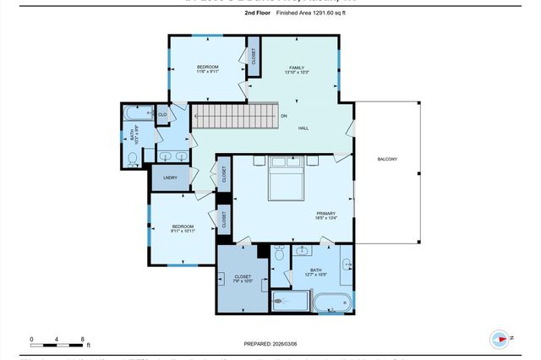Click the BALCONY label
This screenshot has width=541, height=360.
click(386, 160)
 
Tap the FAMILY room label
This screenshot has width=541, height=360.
click(296, 68)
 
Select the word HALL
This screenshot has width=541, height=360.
click(303, 128)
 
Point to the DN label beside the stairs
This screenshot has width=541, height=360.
click(284, 115)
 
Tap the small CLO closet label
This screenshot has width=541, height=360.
click(161, 113)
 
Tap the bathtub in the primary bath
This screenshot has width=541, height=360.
click(331, 302)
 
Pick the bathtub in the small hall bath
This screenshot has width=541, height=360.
click(136, 112)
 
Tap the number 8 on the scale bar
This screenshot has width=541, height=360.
click(82, 339)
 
